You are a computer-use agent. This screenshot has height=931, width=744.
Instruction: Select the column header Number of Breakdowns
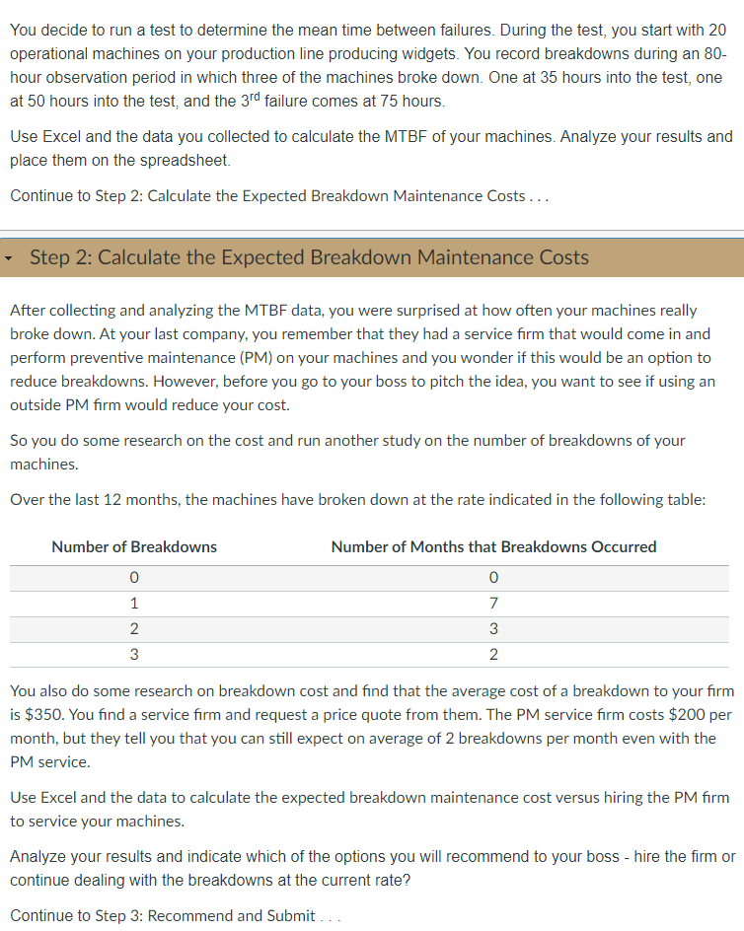pos(134,546)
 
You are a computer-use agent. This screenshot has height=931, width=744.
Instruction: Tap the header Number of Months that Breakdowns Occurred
pos(493,546)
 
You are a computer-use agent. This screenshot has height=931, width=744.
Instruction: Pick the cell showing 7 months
pos(493,603)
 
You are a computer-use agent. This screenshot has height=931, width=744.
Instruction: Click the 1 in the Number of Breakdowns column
pos(134,603)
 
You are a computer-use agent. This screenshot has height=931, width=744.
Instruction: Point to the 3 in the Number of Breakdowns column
pos(134,654)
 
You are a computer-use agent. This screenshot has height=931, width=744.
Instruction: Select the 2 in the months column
pos(493,654)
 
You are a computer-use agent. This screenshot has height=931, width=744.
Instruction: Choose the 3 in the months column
pos(493,628)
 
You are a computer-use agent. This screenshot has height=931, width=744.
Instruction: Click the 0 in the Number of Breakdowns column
pos(134,577)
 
